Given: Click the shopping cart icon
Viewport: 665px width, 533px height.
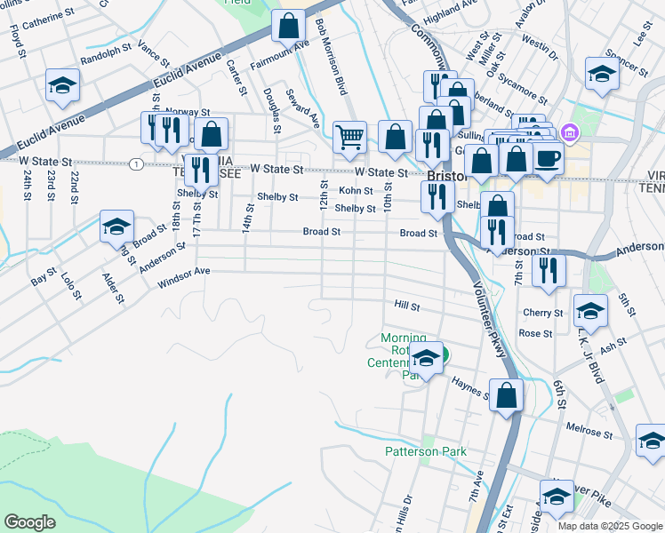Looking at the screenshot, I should click(x=350, y=137).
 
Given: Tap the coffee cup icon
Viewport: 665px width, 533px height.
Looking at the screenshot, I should click(x=547, y=158).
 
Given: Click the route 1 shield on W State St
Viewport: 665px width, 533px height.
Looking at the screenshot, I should click(x=134, y=164).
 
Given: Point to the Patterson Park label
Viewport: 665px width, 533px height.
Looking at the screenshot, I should click(x=425, y=451).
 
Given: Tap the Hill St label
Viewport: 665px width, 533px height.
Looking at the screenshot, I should click(x=406, y=305).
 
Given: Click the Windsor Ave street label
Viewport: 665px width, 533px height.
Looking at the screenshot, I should click(x=183, y=278).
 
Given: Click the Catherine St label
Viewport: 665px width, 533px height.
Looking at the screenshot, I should click(x=42, y=19).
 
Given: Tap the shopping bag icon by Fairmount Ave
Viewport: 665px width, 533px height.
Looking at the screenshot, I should click(x=289, y=26).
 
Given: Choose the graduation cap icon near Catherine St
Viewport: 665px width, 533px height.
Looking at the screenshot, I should click(x=63, y=85).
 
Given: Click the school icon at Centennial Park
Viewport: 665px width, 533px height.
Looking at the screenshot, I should click(x=427, y=359).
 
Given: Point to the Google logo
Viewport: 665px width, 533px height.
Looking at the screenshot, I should click(x=30, y=522).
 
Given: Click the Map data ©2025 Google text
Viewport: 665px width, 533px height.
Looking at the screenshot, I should click(x=609, y=526).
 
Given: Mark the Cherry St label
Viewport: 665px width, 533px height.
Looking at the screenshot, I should click(x=542, y=313).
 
